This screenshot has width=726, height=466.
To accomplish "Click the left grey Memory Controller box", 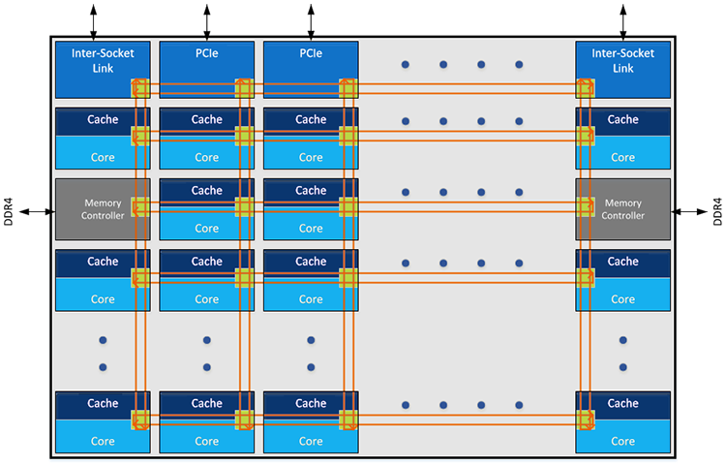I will pos(97,208).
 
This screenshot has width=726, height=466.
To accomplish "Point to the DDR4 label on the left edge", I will pos(11,211).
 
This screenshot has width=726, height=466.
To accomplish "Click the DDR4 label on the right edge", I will pos(717,211).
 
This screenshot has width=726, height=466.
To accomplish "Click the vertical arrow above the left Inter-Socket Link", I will pos(93,19).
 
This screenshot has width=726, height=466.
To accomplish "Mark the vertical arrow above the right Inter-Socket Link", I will pos(622,19).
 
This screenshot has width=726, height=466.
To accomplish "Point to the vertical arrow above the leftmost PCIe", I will pos(206,19).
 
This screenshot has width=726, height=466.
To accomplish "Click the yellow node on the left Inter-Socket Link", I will pos(140,88).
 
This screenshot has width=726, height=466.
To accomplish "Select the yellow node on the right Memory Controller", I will pos(585,206).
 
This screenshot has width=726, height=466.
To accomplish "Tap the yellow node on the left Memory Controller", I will pos(140,206).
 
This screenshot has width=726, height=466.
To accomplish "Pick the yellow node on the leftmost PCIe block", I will pos(244,88).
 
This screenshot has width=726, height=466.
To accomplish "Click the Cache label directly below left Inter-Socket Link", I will pos(103,120).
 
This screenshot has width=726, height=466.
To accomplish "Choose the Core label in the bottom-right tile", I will pos(622,441).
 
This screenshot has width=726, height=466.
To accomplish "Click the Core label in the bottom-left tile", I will pos(103,441).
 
